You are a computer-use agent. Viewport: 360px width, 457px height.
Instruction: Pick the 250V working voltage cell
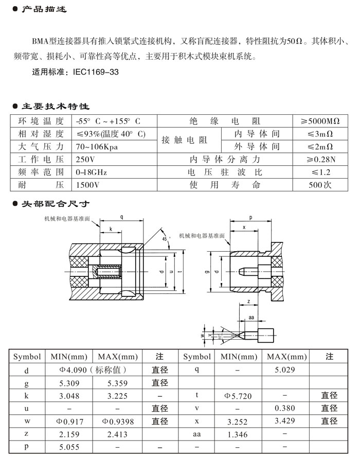point(85,159)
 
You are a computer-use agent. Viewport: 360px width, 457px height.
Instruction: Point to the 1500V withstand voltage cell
point(88,184)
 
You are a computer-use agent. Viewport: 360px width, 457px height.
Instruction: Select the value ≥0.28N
point(320,159)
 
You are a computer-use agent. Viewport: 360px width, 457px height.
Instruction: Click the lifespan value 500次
point(320,184)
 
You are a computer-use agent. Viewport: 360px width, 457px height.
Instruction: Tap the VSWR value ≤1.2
point(320,172)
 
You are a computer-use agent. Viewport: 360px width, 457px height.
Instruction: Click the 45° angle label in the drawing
point(165,239)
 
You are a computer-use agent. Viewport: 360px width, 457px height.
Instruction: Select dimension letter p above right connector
point(250,218)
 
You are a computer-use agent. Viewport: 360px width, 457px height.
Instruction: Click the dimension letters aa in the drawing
point(251,318)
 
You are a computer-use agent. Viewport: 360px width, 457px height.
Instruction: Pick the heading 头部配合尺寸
point(55,204)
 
